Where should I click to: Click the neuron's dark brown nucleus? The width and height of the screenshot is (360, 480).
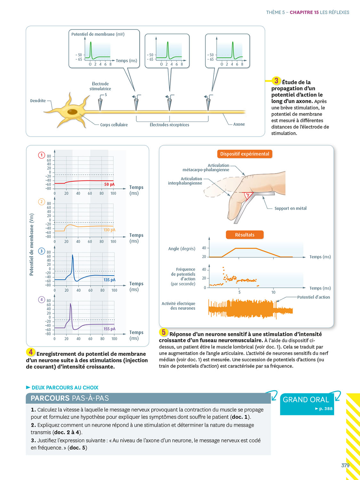pos(72,112)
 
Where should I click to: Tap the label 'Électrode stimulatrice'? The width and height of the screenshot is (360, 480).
pos(100,86)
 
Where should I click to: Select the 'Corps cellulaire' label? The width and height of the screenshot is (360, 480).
pos(114,125)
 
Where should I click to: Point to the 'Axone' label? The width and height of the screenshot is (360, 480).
pos(239,124)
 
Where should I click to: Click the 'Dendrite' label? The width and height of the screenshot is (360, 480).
pos(38,100)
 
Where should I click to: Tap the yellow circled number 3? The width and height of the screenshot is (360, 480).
pos(276,81)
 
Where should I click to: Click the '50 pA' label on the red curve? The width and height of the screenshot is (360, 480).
pos(109,184)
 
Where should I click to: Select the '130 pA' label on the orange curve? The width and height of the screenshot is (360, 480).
pos(109,230)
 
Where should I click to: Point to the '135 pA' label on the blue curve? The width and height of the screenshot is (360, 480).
pos(109,280)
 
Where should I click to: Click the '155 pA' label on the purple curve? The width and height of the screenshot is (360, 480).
pos(109,329)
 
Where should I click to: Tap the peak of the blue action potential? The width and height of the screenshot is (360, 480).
pos(73,255)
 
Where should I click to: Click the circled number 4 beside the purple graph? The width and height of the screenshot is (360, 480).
pos(42,300)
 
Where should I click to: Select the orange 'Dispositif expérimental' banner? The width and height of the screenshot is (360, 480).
pos(244,154)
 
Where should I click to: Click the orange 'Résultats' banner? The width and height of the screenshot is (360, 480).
pos(244,235)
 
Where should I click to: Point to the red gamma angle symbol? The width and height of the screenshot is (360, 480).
pos(247,195)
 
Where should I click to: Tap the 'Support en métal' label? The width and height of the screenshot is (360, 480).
pos(290,208)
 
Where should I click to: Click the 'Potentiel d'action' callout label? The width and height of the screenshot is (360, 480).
pos(313,297)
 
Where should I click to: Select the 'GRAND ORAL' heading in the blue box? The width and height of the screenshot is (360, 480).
pos(306,399)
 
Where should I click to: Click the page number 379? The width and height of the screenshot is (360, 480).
pos(345,465)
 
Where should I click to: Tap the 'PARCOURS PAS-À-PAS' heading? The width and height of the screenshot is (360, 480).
pos(70,398)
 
